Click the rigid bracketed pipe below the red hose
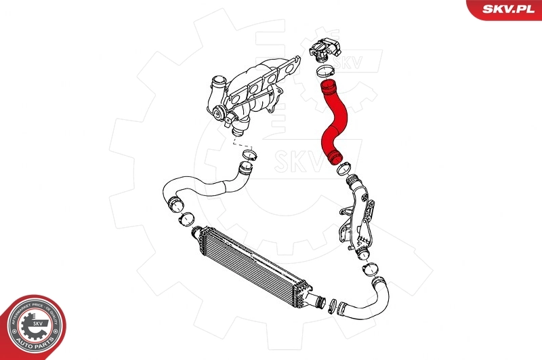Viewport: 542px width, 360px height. pyautogui.click(x=358, y=217)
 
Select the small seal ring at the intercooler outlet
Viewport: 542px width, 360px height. pyautogui.click(x=333, y=306)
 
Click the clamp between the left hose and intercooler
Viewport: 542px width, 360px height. pyautogui.click(x=184, y=220)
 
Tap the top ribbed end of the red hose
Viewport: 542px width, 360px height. pyautogui.click(x=329, y=87)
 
